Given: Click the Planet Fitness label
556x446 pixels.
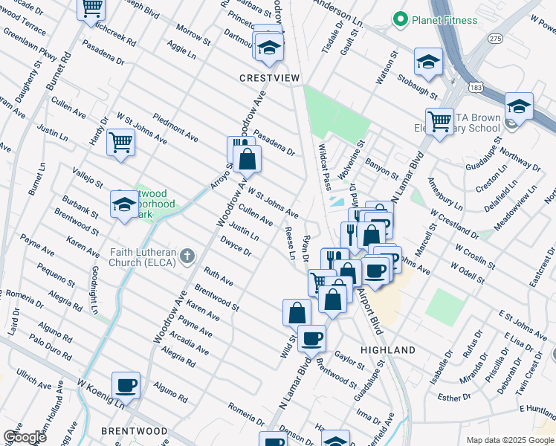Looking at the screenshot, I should click(445, 20).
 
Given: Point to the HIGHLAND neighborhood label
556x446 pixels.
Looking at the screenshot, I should click(387, 349).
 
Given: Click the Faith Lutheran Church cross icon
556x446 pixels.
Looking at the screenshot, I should click(187, 256).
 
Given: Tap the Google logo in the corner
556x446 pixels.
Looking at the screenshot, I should click(24, 437).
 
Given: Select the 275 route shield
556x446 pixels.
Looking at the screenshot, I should click(494, 37).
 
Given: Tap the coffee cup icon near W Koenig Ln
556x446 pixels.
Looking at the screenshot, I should click(126, 386).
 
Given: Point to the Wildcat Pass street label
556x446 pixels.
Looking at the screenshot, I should click(323, 167).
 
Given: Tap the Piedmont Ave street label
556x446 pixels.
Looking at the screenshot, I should click(176, 128).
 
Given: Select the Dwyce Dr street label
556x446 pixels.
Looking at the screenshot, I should click(236, 246).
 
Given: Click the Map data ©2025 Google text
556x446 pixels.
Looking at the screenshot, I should click(509, 440).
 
